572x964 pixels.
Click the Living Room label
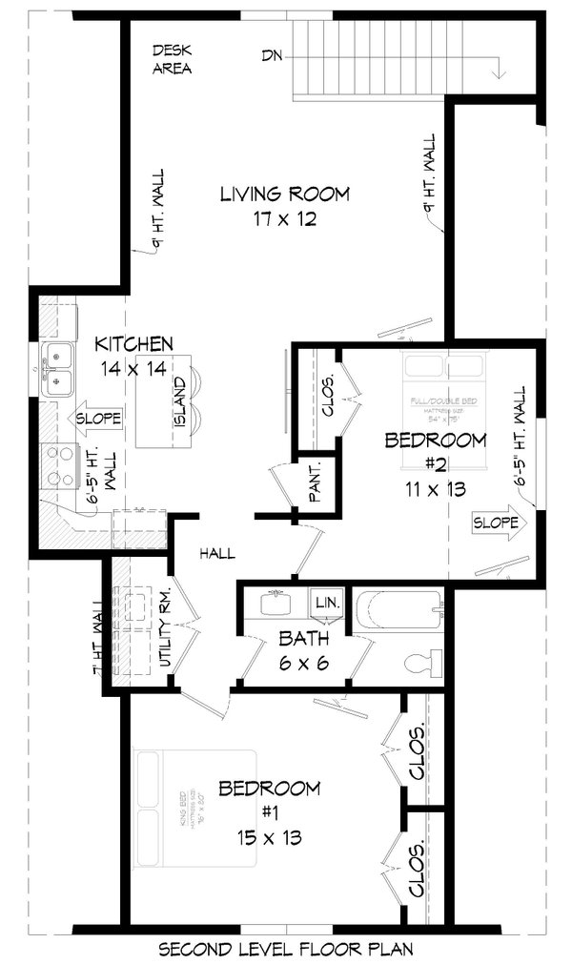click(284, 195)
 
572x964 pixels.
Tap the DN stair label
click(273, 55)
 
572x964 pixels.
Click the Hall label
click(217, 553)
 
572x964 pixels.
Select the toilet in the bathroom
click(420, 661)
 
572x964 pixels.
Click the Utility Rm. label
click(164, 629)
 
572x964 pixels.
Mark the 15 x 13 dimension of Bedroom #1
click(269, 838)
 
